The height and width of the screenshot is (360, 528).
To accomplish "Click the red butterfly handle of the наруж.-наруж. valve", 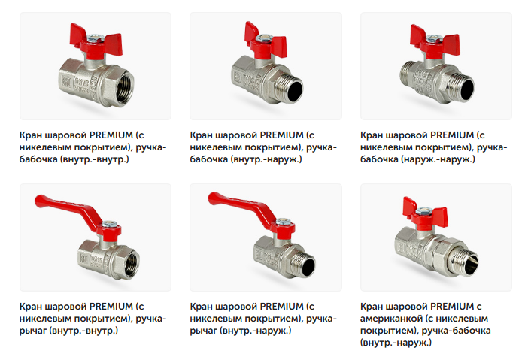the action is pyautogui.click(x=435, y=42).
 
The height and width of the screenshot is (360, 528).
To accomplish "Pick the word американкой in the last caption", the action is pyautogui.click(x=391, y=319).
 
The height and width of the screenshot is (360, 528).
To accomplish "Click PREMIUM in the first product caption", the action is pyautogui.click(x=111, y=135).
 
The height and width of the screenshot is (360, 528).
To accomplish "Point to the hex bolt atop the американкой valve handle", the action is pyautogui.click(x=424, y=211).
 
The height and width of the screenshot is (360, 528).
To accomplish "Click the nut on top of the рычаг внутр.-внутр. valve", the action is pyautogui.click(x=110, y=224).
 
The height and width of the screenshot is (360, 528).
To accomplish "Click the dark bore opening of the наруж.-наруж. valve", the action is pyautogui.click(x=467, y=89).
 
